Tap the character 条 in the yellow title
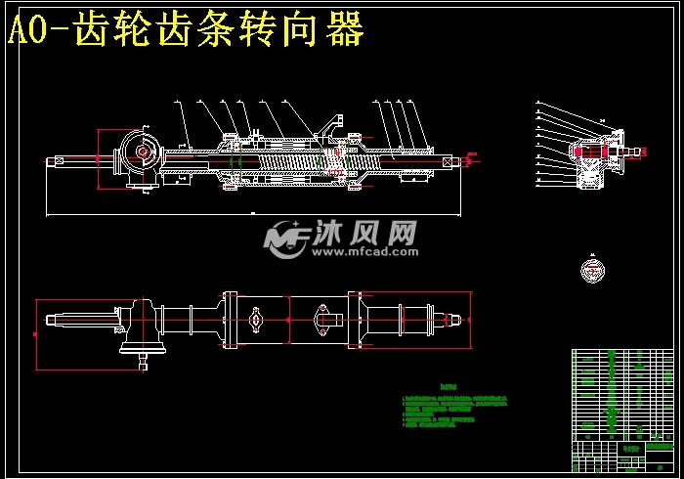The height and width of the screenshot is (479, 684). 247,30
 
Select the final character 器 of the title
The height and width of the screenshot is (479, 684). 344,30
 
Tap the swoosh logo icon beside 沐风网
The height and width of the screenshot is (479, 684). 284,239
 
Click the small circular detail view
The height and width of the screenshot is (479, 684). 591,269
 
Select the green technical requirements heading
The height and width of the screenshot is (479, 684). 449,386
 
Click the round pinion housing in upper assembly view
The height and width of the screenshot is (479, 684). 142,153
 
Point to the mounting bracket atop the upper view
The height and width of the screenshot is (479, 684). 334,124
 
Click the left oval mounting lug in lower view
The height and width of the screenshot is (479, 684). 256,319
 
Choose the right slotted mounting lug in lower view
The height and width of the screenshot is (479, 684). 323,318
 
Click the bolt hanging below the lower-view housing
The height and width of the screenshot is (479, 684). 144,364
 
